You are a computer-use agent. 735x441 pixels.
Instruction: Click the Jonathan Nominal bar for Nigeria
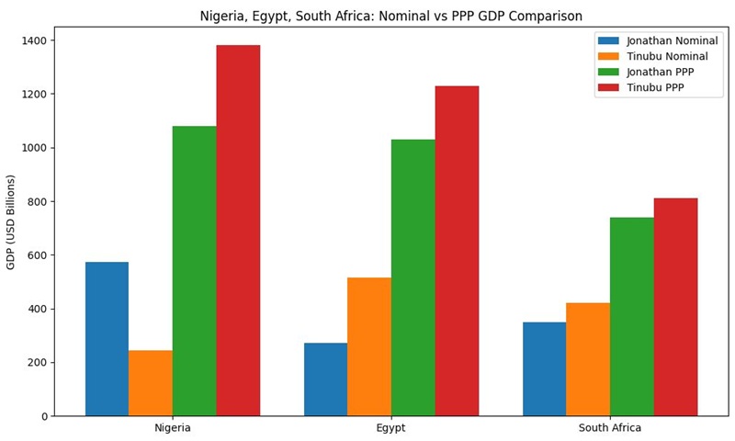coord(107,339)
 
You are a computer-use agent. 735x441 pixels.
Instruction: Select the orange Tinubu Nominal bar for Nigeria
coord(151,383)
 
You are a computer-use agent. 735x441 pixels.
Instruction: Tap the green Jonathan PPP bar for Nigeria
coord(194,271)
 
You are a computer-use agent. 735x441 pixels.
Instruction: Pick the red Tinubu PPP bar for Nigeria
coord(238,231)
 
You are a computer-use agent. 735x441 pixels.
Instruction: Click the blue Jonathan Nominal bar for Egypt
coord(325,379)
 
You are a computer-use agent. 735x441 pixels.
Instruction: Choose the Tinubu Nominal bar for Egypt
coord(369,346)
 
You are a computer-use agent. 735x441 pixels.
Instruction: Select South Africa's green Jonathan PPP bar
coord(632,317)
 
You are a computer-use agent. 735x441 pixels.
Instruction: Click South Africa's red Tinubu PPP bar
coord(675,307)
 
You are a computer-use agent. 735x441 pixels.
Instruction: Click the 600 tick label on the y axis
coord(38,255)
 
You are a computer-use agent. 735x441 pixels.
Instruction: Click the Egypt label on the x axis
coord(391,428)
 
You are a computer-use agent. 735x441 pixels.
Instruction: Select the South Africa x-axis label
coord(610,428)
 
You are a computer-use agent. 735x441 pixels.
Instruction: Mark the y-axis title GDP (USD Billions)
coord(11,221)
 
